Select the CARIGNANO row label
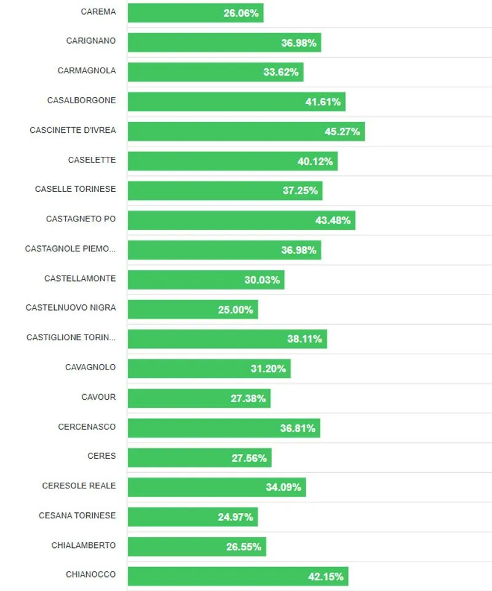pos(91,41)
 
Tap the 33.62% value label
pos(281,72)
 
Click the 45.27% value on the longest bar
pos(342,132)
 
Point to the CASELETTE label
pos(92,160)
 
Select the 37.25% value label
pos(300,191)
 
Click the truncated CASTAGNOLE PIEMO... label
pos(70,249)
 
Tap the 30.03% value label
pos(262,280)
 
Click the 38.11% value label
pos(304,339)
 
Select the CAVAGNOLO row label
pos(90,367)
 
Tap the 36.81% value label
pos(298,428)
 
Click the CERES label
pos(101,456)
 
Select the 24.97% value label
pos(236,517)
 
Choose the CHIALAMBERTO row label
pos(84,545)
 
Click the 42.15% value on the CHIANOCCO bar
pos(326,576)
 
